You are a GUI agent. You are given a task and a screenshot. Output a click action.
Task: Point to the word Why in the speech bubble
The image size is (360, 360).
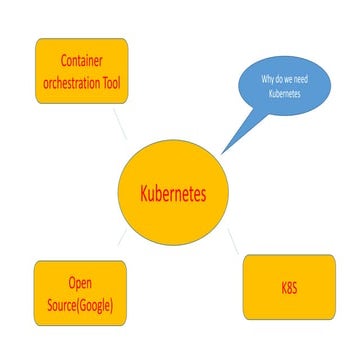coord(267,78)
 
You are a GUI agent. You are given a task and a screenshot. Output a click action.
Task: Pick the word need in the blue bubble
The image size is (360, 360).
coord(304,78)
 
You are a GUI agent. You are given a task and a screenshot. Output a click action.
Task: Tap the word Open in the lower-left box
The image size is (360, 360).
coord(81,282)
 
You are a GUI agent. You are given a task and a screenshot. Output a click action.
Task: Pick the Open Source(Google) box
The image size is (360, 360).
coord(81,293)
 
